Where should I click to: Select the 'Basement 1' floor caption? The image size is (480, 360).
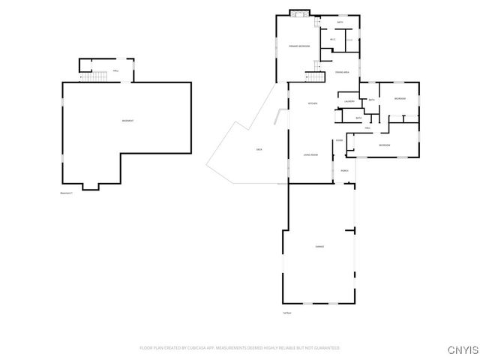coord(67,193)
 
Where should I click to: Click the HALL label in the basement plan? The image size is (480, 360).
coord(115,71)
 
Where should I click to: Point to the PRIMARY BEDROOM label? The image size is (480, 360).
coord(299,46)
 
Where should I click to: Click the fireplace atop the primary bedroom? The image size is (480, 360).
coord(299,13)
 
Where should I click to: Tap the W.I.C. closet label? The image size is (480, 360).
coord(332,40)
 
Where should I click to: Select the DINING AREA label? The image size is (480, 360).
coord(342,72)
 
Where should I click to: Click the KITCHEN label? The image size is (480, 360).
coord(313,103)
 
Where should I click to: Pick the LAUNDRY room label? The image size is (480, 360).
coord(349,101)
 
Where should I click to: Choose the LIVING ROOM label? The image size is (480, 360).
coord(310,154)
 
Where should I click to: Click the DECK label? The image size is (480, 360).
coord(259,150)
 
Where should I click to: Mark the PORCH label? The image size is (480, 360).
coord(344,171)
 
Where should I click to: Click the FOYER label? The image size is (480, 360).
coord(339,140)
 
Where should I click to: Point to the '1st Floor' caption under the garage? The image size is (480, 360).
coord(286,313)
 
